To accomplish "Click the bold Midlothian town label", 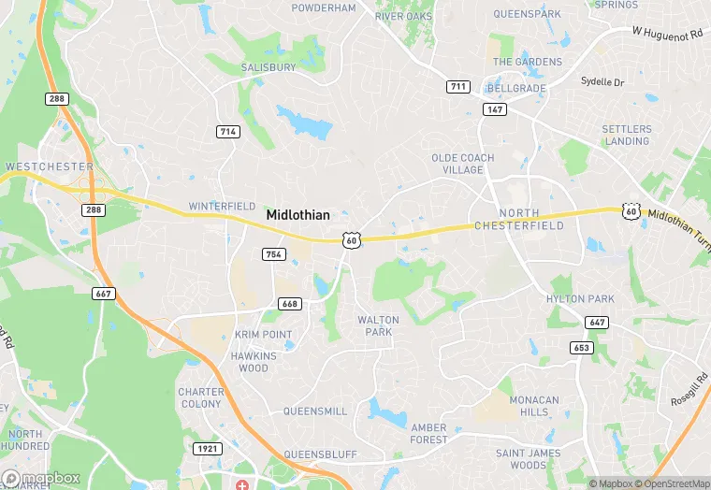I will point(297,215).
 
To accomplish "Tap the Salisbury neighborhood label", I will point(268,67).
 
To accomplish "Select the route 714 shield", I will point(227,132).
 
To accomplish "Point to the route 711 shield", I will point(457,87).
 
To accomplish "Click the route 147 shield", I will point(495,109).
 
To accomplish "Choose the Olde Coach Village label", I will point(463,164).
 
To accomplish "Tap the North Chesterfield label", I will point(519,220).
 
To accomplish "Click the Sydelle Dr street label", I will point(602,82).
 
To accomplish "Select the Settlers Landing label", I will point(626,135).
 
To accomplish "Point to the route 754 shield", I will point(273,254).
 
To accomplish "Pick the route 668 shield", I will point(289,303).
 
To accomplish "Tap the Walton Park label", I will point(378,325).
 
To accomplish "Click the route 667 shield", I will point(104,294).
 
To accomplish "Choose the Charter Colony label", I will point(201,397).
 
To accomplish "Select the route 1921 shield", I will point(209,450).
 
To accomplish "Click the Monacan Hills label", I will point(534,406).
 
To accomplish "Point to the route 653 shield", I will point(582,348).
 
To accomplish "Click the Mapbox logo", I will point(42,478).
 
